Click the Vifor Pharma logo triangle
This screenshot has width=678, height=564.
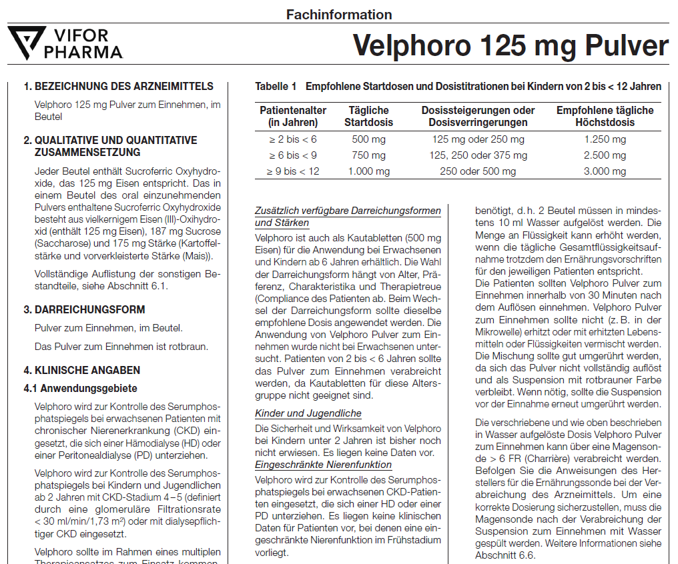pos(27,42)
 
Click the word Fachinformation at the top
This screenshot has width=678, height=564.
pos(339,14)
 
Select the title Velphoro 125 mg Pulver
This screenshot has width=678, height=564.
pos(510,45)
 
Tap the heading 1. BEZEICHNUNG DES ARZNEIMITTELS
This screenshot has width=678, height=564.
pos(118,87)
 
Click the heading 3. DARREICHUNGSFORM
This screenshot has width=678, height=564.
pos(84,310)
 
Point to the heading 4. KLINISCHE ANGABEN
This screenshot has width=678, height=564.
pos(82,370)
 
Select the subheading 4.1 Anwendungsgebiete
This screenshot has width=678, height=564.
pos(80,388)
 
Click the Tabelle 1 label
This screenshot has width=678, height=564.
pos(276,87)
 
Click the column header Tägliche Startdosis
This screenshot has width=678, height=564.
pos(368,116)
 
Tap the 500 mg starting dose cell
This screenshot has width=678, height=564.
pos(368,139)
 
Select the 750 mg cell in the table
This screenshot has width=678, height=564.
pos(368,155)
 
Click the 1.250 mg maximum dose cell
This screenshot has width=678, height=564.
pos(605,139)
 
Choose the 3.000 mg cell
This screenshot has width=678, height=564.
pos(605,171)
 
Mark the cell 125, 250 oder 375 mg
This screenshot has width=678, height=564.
pos(478,155)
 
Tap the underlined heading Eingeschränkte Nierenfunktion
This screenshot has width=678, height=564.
pos(323,464)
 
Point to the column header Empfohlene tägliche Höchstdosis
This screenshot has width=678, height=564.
pos(605,116)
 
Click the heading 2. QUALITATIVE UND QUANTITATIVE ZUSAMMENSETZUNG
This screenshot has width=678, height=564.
pos(110,146)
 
